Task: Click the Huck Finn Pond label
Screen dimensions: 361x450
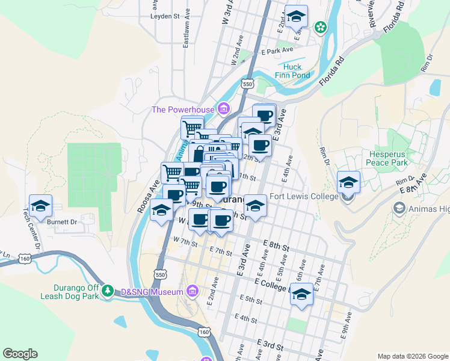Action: click(x=292, y=71)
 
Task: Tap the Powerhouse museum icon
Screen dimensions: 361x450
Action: click(x=224, y=109)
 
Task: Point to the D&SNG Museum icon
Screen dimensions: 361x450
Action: click(x=192, y=292)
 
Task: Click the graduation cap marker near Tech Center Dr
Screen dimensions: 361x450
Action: click(x=40, y=206)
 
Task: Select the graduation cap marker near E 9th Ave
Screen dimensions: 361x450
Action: click(x=302, y=294)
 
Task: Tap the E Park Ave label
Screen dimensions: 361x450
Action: click(x=277, y=51)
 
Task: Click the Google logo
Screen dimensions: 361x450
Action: click(x=20, y=354)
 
